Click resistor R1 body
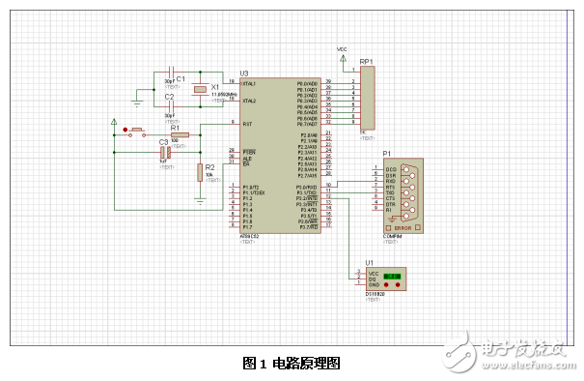click(180, 135)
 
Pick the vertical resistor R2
click(200, 173)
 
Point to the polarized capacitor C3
click(165, 151)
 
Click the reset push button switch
click(137, 131)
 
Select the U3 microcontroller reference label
click(243, 73)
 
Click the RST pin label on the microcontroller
click(248, 124)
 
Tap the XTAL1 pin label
click(249, 83)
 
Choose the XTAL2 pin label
click(249, 101)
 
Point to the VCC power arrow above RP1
click(342, 55)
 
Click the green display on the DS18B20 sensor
click(392, 278)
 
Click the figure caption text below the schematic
click(292, 364)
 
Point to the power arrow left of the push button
click(115, 123)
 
